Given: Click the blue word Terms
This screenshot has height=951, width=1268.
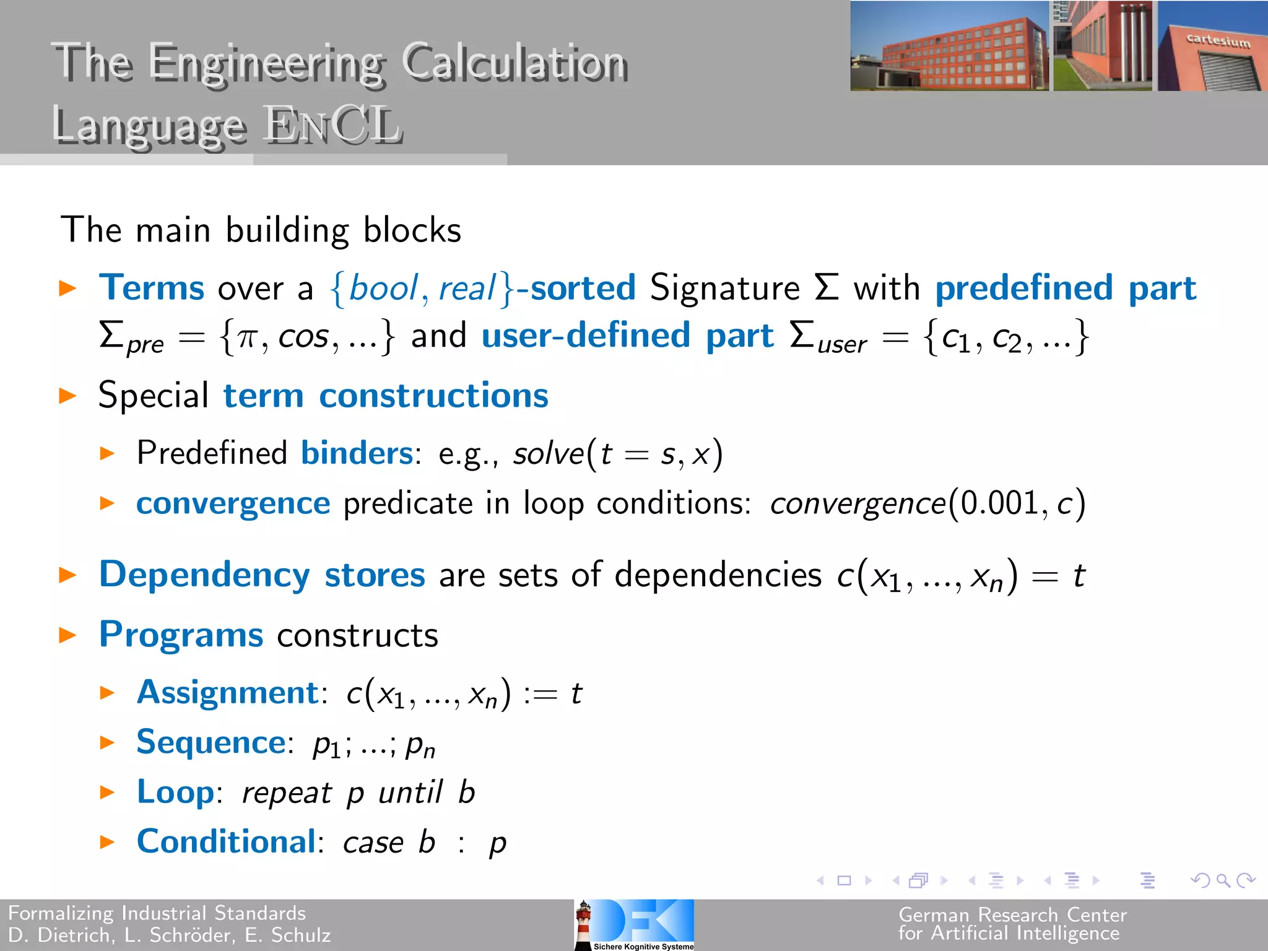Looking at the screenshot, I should pyautogui.click(x=152, y=288).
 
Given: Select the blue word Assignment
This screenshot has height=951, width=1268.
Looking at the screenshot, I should pyautogui.click(x=227, y=692).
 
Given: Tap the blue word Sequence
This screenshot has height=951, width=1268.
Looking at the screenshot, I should pyautogui.click(x=211, y=742).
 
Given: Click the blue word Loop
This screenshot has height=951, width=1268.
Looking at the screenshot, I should pyautogui.click(x=175, y=792).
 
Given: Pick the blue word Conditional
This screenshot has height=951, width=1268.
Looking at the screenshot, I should pyautogui.click(x=226, y=842).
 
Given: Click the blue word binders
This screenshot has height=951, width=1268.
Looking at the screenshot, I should pyautogui.click(x=357, y=453).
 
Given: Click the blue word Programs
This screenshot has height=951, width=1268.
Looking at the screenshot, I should pyautogui.click(x=181, y=635).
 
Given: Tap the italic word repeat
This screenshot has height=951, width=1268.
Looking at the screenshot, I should pyautogui.click(x=287, y=793).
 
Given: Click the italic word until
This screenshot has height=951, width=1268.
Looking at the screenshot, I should pyautogui.click(x=410, y=792).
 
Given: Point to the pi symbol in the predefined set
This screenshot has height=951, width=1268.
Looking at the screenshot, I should pyautogui.click(x=246, y=338).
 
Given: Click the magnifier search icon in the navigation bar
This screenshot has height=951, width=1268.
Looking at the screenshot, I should pyautogui.click(x=1222, y=880).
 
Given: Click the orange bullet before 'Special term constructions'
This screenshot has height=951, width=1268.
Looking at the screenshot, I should pyautogui.click(x=67, y=396).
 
